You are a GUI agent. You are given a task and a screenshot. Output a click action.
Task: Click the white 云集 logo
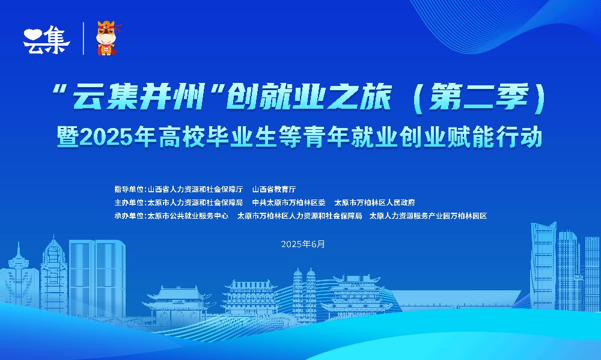click(x=46, y=40)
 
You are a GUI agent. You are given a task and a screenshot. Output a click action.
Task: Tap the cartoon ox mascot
click(x=108, y=38)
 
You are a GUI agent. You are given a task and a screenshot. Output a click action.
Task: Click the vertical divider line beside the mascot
click(x=84, y=38)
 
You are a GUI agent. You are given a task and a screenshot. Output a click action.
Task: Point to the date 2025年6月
click(x=303, y=244)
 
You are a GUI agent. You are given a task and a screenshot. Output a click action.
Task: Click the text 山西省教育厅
click(x=274, y=189)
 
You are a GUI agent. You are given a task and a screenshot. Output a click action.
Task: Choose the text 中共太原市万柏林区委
click(x=288, y=203)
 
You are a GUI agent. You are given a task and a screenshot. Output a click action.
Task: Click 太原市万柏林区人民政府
click(x=374, y=203)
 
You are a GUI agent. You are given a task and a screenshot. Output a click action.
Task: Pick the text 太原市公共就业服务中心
click(x=188, y=216)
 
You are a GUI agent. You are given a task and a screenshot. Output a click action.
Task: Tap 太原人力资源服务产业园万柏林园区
click(x=428, y=216)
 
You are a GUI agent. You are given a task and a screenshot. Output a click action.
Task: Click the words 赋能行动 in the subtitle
click(x=495, y=137)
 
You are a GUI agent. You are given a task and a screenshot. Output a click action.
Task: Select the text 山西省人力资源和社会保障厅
click(x=195, y=189)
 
